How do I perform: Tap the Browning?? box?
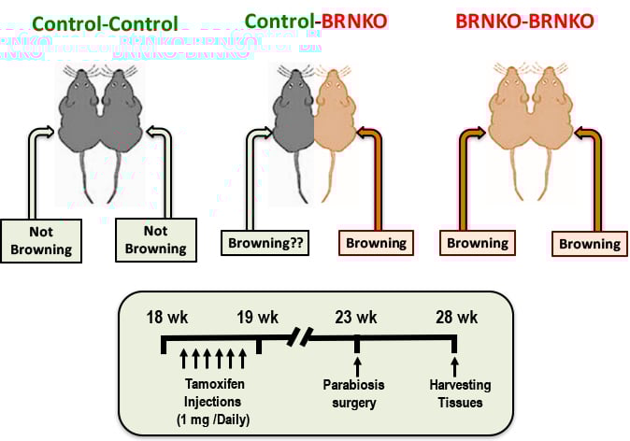tap(265, 244)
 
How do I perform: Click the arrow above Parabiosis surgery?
tap(356, 358)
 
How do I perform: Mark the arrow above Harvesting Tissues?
tap(454, 358)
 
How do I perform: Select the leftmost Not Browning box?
tap(41, 242)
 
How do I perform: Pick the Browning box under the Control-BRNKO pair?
tap(375, 244)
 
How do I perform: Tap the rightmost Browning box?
tap(589, 244)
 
